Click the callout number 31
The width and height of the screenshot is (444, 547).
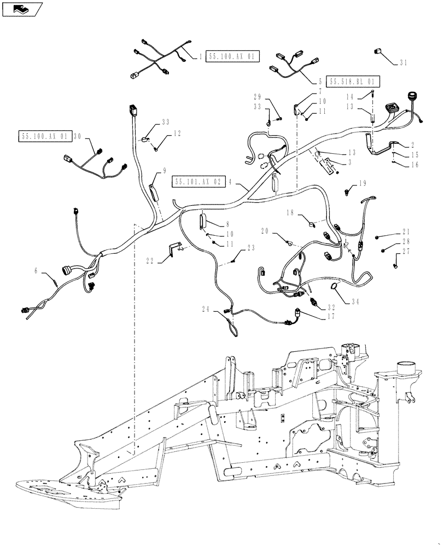[x=403, y=63]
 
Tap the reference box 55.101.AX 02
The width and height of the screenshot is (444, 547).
[x=197, y=182]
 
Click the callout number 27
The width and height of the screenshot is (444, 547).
[x=406, y=252]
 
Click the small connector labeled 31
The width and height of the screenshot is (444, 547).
[x=378, y=51]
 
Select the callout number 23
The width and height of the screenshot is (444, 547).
[x=250, y=247]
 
